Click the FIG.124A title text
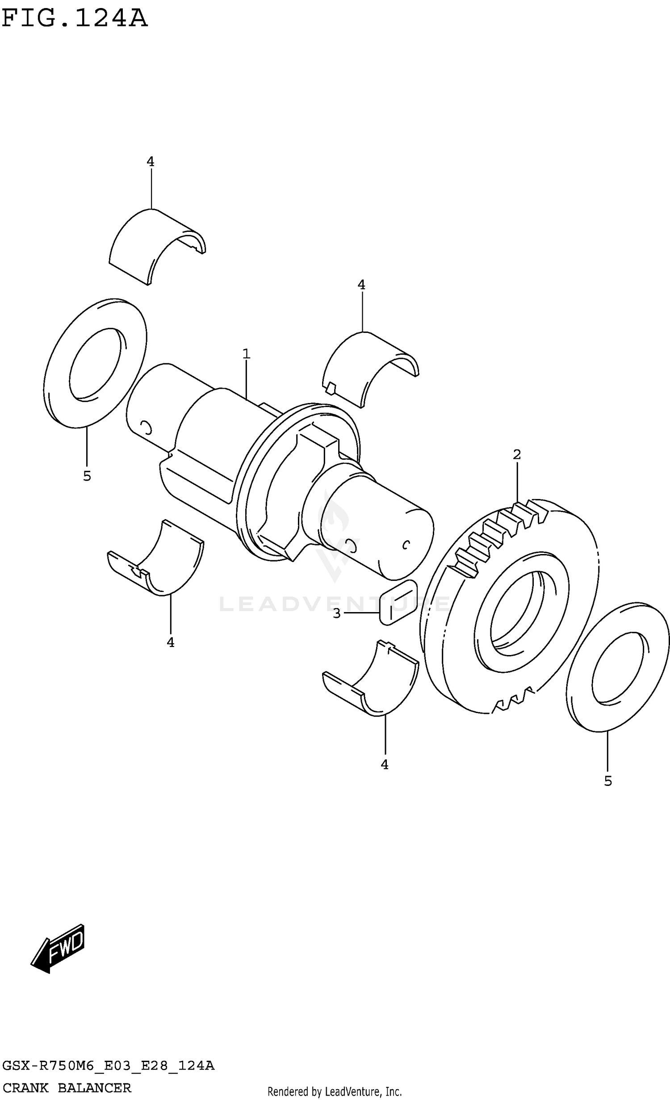74,19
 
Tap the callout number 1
246,354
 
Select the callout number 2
517,454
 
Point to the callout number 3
337,613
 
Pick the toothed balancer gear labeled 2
509,608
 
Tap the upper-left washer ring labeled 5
95,363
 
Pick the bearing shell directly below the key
371,684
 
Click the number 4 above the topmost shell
151,162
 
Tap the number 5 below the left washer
87,476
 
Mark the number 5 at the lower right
608,781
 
